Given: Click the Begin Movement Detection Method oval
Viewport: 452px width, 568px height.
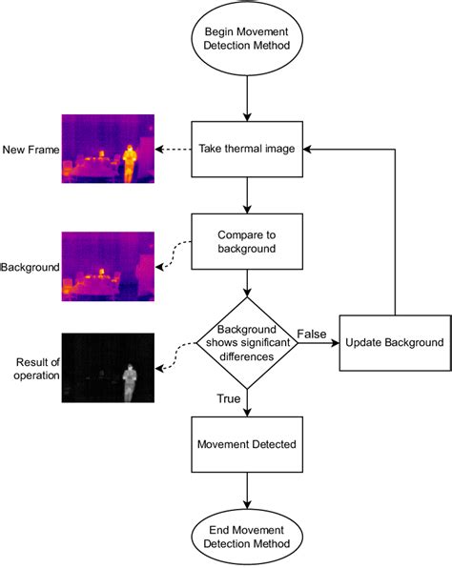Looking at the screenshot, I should [x=248, y=39].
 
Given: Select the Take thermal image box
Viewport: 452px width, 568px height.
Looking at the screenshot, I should [x=248, y=149].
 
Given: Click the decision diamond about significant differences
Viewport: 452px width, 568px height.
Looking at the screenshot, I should [x=248, y=342].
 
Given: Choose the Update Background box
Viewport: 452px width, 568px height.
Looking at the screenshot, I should [x=394, y=342].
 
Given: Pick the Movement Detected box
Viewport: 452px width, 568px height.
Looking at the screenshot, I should [x=248, y=444].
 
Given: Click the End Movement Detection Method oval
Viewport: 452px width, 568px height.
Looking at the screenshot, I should [x=248, y=535].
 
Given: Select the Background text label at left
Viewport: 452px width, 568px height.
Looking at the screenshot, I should [x=29, y=268].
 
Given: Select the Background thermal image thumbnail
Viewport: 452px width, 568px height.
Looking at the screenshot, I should [x=107, y=267].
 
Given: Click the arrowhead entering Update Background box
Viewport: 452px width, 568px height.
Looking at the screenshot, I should [x=334, y=342].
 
